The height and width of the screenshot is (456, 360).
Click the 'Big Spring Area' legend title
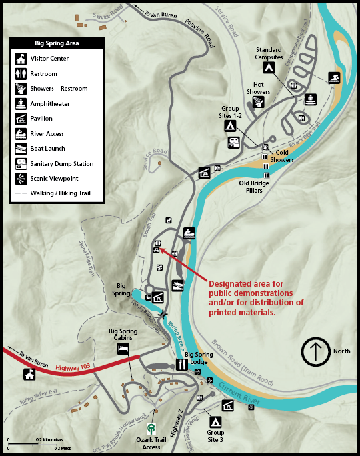tap(57, 43)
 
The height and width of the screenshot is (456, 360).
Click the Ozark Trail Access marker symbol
tap(153, 429)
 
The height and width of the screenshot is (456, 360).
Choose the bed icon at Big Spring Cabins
tap(123, 349)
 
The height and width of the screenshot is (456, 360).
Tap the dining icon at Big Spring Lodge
tap(181, 365)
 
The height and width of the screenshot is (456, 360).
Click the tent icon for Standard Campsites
tap(269, 68)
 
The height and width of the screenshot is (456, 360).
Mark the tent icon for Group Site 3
tap(215, 421)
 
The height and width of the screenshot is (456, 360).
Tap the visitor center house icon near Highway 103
tap(29, 375)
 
